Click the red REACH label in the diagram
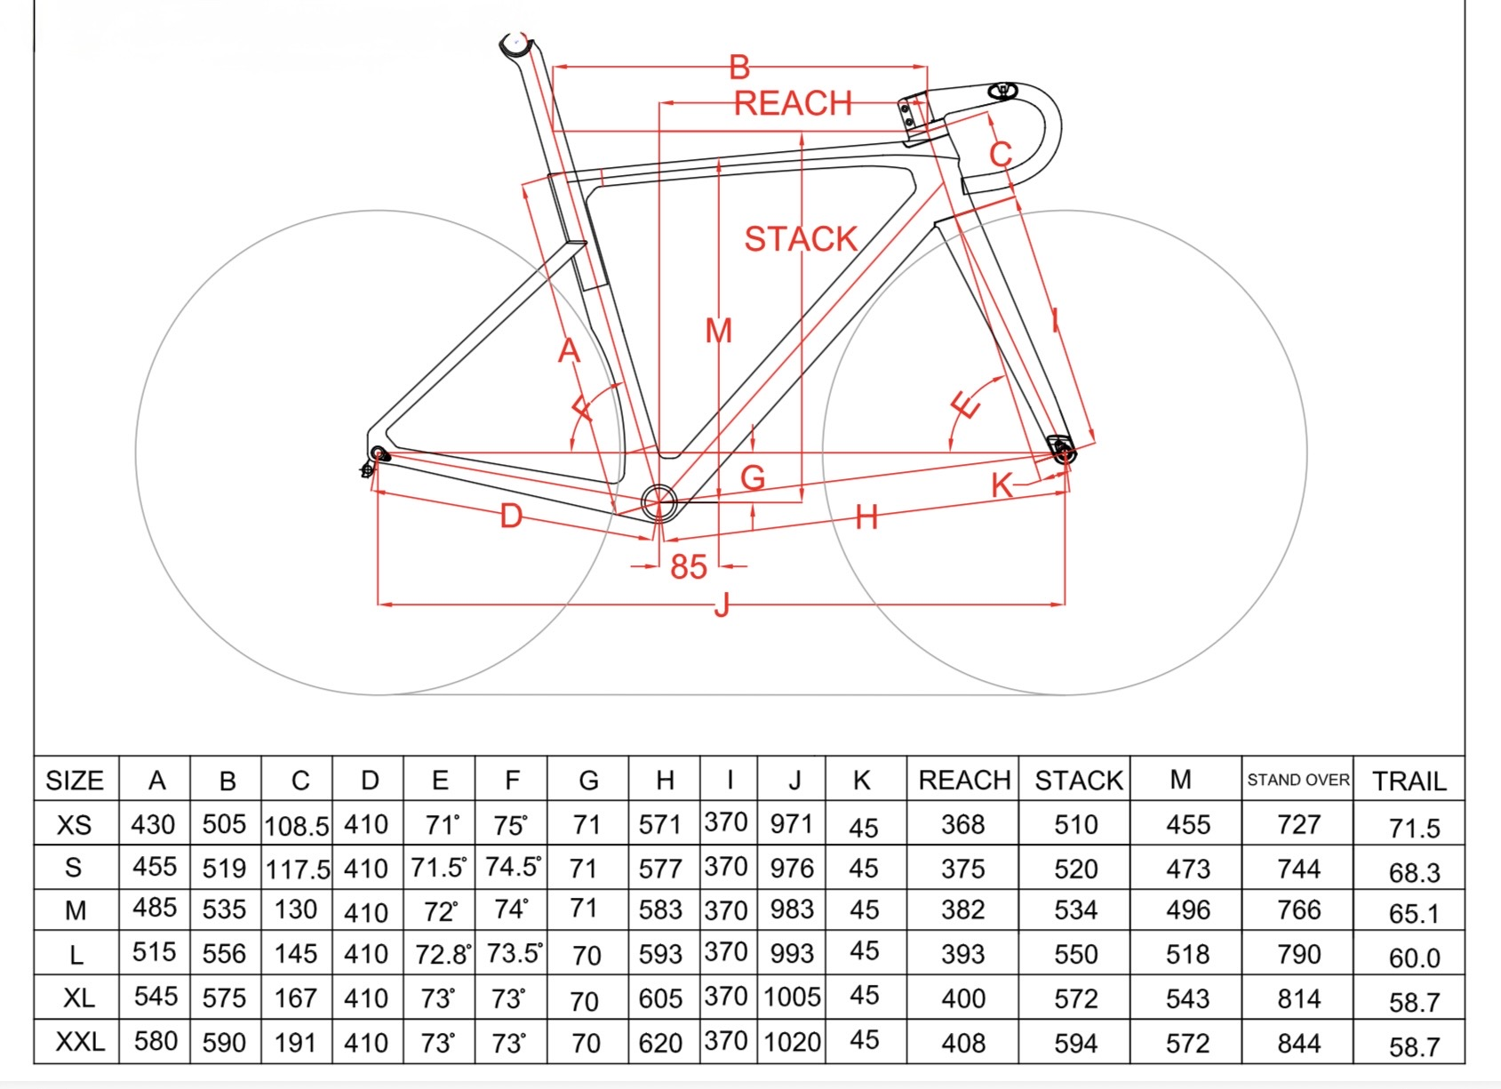click(x=793, y=103)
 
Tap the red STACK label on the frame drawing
click(x=800, y=239)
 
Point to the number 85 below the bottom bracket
click(x=689, y=566)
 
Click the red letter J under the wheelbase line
click(x=722, y=606)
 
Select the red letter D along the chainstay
click(x=511, y=516)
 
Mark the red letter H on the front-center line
click(x=866, y=516)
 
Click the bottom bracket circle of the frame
click(x=659, y=502)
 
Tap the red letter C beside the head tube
click(x=1001, y=154)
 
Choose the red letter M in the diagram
click(x=718, y=331)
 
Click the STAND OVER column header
click(x=1297, y=780)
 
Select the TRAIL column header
click(x=1409, y=781)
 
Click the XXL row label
click(x=79, y=1041)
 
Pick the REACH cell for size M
click(x=963, y=909)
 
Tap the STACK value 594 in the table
click(x=1075, y=1043)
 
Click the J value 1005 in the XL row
click(x=792, y=997)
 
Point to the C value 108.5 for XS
click(x=297, y=826)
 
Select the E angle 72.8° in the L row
click(x=442, y=954)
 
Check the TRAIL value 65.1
click(x=1413, y=914)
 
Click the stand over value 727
click(x=1298, y=824)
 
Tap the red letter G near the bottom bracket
click(x=753, y=478)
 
